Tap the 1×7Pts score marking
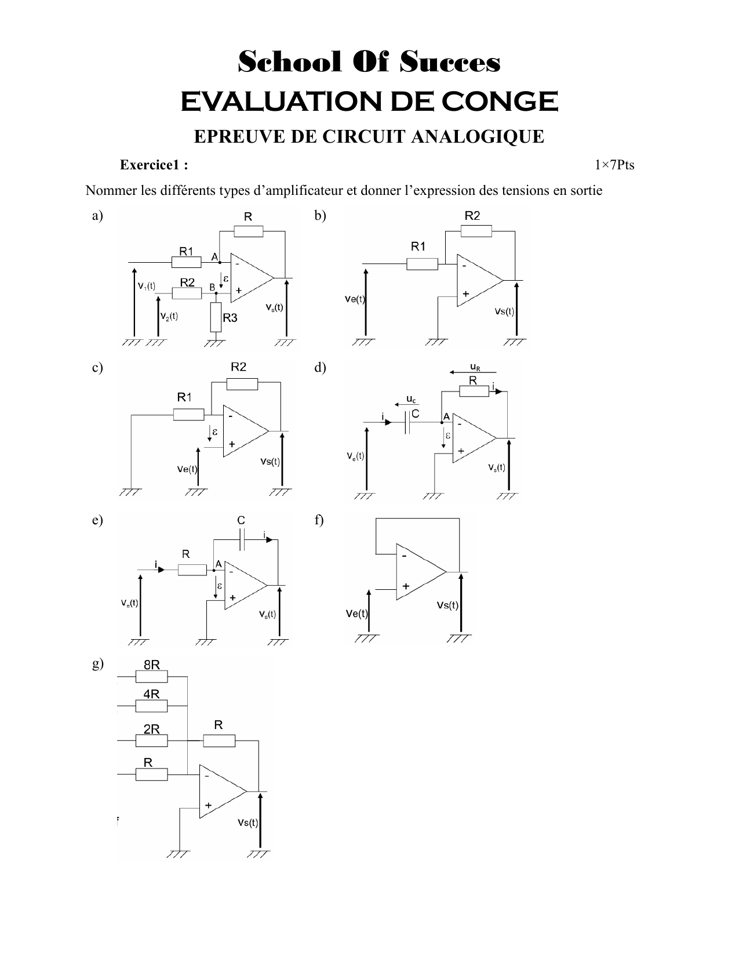[614, 165]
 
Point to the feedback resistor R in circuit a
[249, 232]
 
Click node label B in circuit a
[212, 287]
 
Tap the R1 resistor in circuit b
[422, 264]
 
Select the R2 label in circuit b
[472, 216]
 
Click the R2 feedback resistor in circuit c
[242, 383]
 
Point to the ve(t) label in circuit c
[187, 470]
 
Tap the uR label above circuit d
[475, 367]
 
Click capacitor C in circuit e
[243, 541]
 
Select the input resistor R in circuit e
[192, 570]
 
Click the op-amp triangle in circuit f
[418, 572]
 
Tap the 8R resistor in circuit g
[151, 677]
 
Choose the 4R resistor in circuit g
[151, 706]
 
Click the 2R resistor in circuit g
[151, 741]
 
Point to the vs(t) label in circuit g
[247, 822]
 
